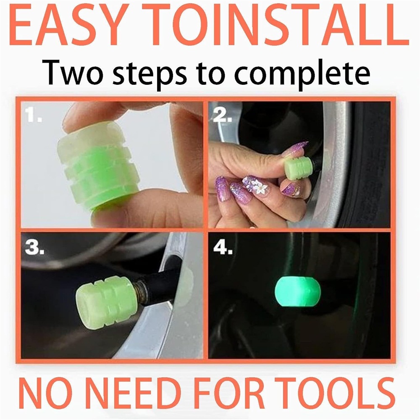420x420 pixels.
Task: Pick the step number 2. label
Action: coord(222,115)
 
